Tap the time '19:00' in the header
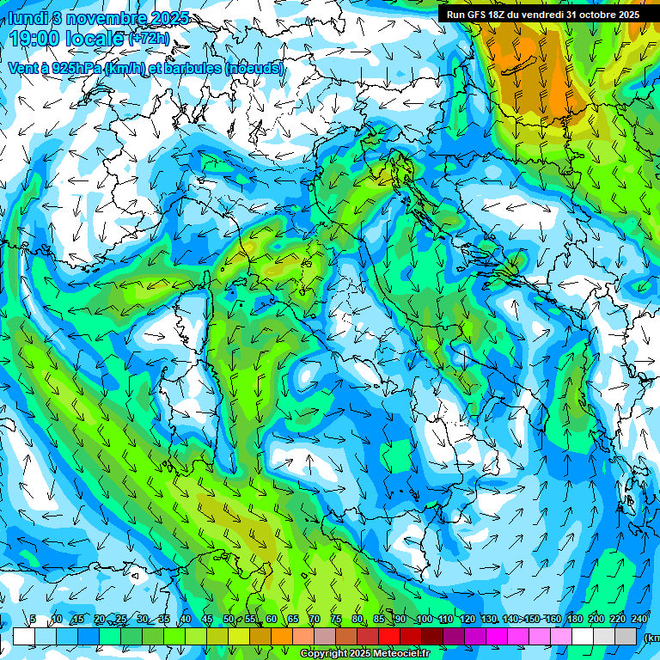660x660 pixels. click(x=36, y=39)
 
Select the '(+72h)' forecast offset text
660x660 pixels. click(x=148, y=39)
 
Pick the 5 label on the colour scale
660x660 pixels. click(x=32, y=620)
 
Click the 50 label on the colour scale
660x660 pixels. click(x=228, y=620)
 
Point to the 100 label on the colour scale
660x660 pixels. click(x=423, y=620)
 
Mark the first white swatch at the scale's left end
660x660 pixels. click(x=23, y=636)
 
